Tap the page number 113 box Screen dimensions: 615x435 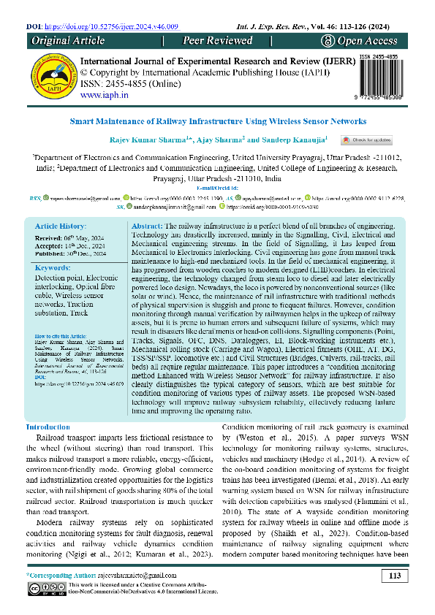click(395, 576)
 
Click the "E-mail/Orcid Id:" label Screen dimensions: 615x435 click(217, 188)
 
